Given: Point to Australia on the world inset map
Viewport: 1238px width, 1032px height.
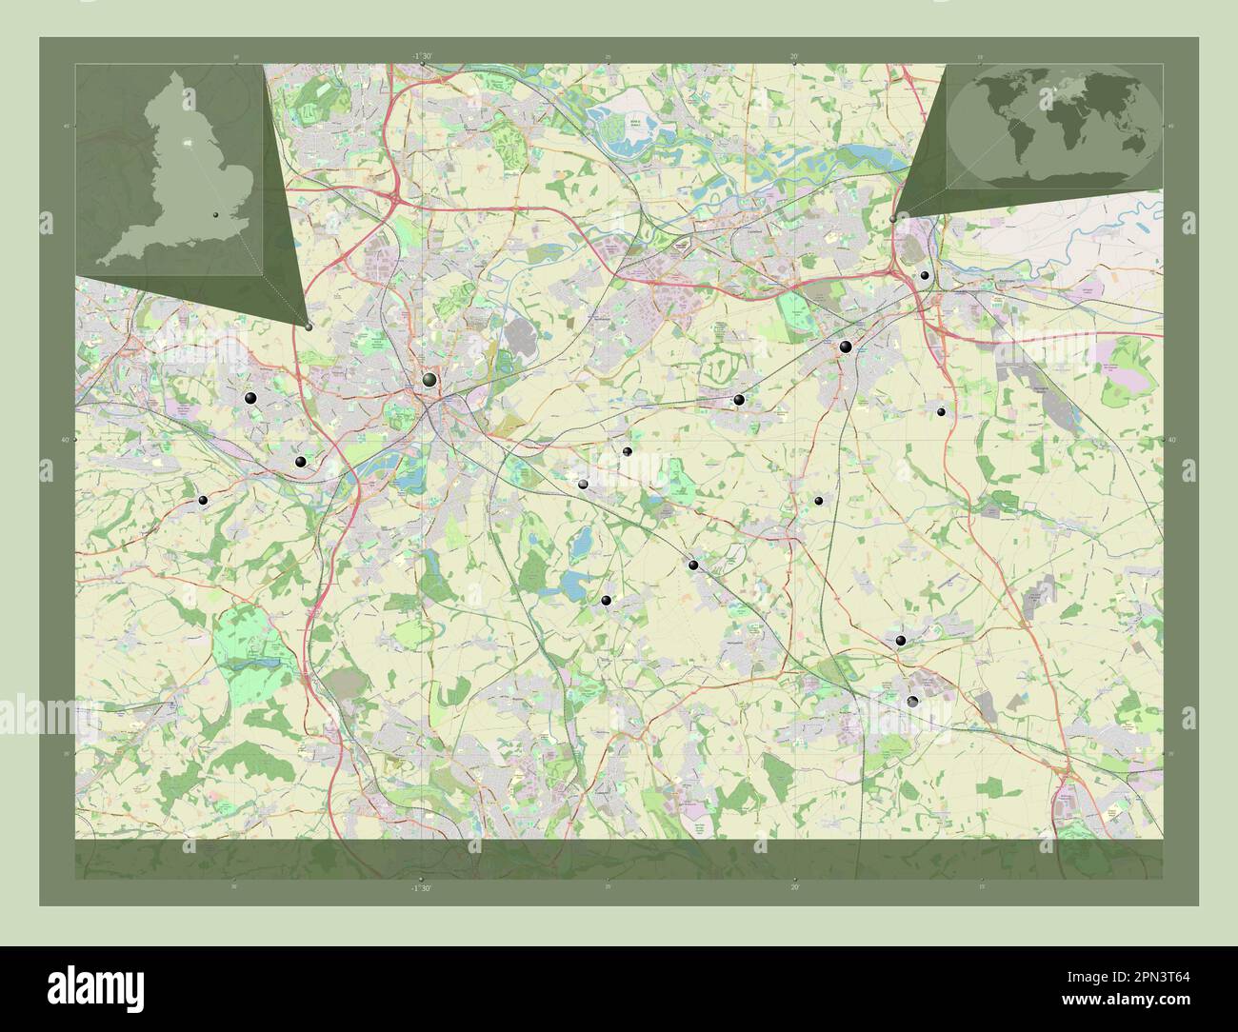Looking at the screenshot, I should pyautogui.click(x=1132, y=141).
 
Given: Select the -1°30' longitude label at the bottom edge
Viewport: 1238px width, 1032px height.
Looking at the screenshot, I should pyautogui.click(x=422, y=887).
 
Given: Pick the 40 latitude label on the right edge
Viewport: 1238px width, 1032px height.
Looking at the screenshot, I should pyautogui.click(x=1170, y=440).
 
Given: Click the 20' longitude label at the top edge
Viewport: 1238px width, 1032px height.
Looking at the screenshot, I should pyautogui.click(x=794, y=57).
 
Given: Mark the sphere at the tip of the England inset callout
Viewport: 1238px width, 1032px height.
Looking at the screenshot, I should pyautogui.click(x=309, y=327).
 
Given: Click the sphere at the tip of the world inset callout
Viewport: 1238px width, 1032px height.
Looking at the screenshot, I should pyautogui.click(x=892, y=219).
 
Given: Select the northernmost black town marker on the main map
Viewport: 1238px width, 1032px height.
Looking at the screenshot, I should pyautogui.click(x=924, y=275).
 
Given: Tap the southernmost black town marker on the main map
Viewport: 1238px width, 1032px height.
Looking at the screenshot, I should pyautogui.click(x=912, y=702).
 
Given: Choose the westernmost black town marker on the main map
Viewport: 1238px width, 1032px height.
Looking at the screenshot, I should pyautogui.click(x=202, y=500).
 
